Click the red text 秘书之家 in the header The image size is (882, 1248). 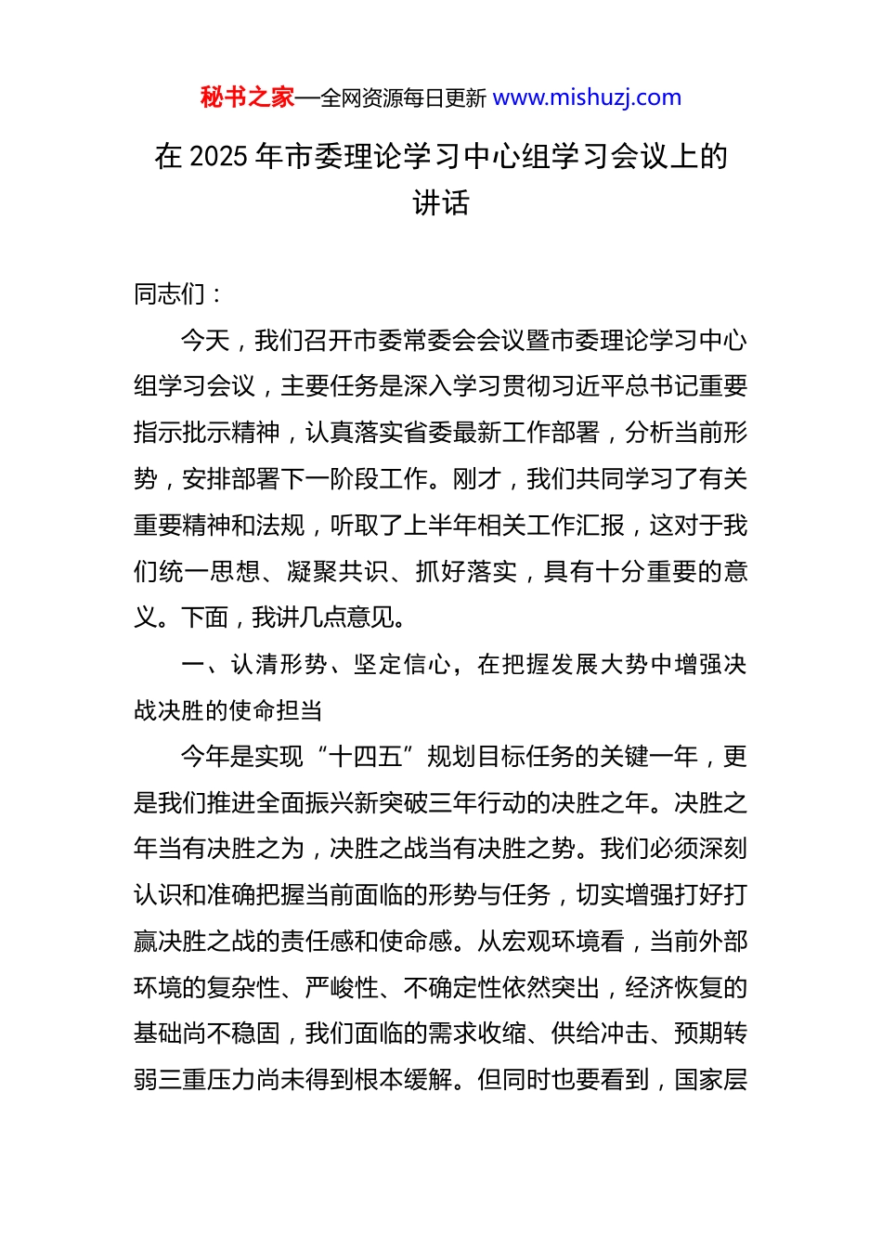tap(247, 97)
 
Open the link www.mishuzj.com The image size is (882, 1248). tap(587, 97)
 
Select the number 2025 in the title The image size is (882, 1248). tap(218, 156)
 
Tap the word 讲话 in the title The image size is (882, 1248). tap(441, 202)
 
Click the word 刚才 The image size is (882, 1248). tap(477, 479)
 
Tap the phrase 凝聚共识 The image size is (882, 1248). tap(339, 572)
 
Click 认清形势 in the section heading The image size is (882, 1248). tap(279, 665)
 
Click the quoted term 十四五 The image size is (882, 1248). tap(366, 757)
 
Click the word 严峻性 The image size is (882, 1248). tap(343, 988)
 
